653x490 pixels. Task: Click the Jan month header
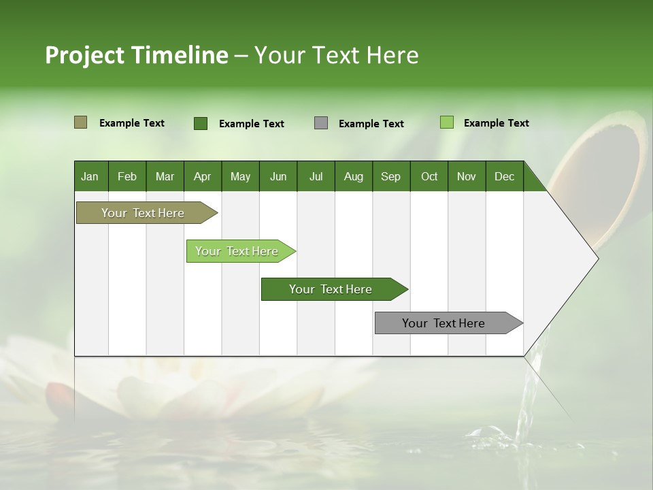(x=90, y=176)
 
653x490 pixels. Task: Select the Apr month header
(x=202, y=176)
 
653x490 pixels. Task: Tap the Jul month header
(x=316, y=176)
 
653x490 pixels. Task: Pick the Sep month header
(x=390, y=176)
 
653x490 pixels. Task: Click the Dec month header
(x=504, y=176)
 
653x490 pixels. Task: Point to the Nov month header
(x=466, y=176)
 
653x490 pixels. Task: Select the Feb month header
(x=127, y=176)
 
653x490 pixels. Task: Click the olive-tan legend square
(x=80, y=122)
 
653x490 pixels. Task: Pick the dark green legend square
(x=200, y=123)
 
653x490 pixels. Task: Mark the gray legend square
(x=321, y=123)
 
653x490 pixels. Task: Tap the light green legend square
(x=446, y=122)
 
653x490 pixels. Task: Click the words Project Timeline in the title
(x=136, y=55)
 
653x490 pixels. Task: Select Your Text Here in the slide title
(x=336, y=55)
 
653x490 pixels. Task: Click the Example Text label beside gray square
(x=371, y=124)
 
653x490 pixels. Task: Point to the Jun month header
(x=278, y=176)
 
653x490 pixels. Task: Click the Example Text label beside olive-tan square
(x=131, y=123)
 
